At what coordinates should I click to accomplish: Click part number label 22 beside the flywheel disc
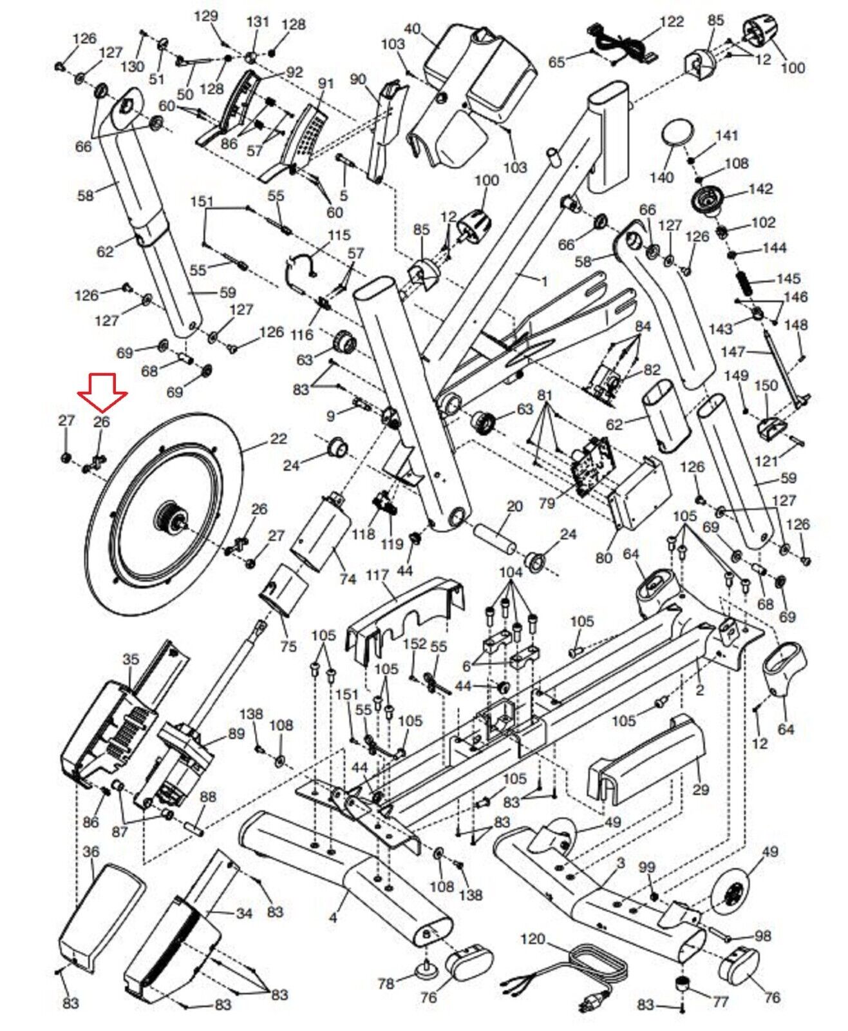278,439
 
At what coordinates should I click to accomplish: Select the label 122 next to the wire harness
672,21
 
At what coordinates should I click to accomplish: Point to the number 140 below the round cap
662,177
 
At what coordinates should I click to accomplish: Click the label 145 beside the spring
788,278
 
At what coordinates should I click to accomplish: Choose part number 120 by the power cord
532,939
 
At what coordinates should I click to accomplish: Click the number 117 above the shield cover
377,575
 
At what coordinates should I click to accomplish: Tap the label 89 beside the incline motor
236,733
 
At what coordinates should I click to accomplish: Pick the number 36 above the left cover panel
91,851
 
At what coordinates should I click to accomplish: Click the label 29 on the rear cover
701,789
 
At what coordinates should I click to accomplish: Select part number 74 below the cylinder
348,579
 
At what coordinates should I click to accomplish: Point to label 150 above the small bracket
766,385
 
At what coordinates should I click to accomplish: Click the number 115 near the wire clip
339,235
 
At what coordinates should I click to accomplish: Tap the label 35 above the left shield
131,659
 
